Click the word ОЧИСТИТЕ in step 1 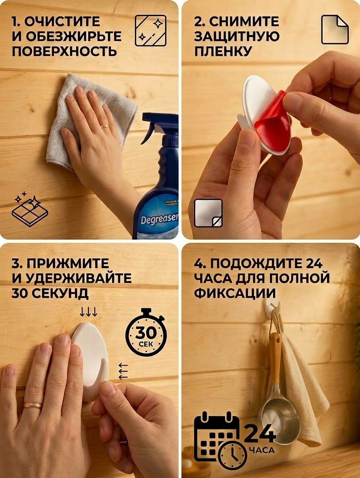(62, 21)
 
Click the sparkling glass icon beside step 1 (151, 31)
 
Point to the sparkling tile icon (30, 209)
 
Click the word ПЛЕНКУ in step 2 (223, 51)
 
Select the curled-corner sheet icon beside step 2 (335, 30)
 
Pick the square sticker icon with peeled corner (208, 213)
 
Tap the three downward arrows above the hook (88, 312)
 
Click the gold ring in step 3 (33, 405)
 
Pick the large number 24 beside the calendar (260, 433)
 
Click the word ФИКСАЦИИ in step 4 (235, 293)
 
